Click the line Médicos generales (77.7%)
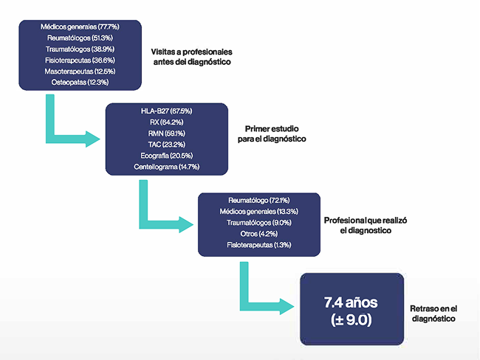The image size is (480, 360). point(80,27)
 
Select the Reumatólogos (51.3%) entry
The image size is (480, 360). point(80,38)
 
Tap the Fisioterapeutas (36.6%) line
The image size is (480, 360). point(80,60)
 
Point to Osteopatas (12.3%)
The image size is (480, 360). point(80,83)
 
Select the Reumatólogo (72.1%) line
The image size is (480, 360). point(259,200)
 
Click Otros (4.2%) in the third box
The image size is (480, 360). point(259,234)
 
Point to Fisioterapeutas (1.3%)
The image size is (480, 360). point(259,245)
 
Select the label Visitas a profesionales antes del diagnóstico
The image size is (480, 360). point(192,58)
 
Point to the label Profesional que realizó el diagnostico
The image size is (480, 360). point(366,226)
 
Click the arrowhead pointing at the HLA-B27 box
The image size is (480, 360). point(94,139)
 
